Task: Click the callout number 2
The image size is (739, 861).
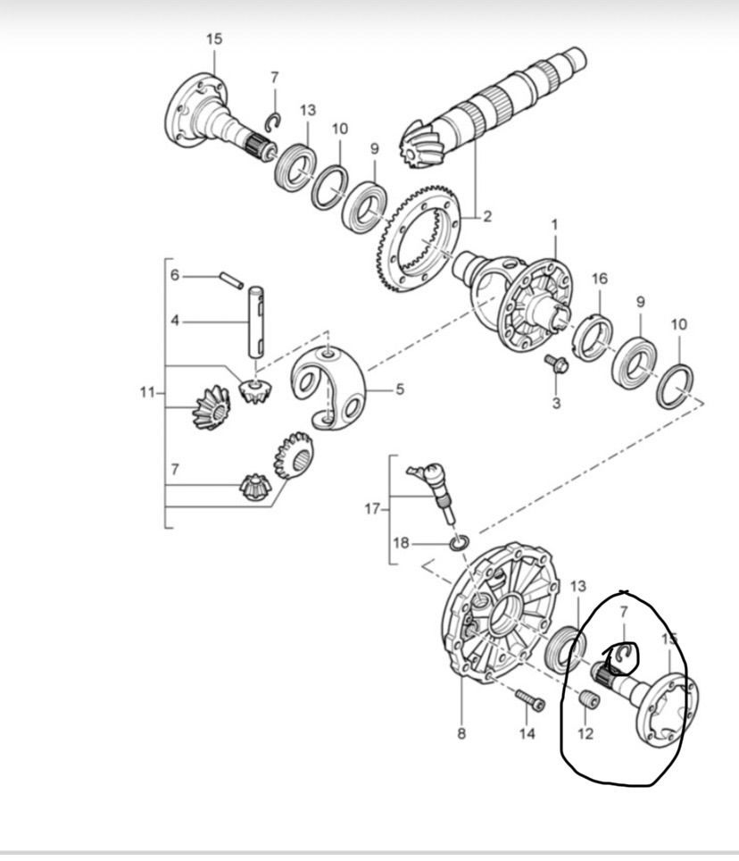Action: point(487,216)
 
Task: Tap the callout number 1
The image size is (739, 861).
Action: point(554,225)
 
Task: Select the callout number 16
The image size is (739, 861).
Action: point(600,279)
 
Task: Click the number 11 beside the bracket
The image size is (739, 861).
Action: point(147,393)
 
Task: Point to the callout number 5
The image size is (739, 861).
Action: point(400,389)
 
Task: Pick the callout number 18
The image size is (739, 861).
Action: point(401,543)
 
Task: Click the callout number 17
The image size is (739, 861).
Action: point(372,510)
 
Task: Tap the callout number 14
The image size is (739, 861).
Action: point(527,733)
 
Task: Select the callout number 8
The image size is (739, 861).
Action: point(461,733)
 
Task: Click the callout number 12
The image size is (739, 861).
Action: point(585,733)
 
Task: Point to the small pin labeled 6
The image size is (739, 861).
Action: point(231,280)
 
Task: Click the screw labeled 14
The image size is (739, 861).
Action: point(530,700)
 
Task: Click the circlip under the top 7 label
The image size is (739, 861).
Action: point(273,122)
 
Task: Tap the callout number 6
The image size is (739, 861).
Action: point(174,274)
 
